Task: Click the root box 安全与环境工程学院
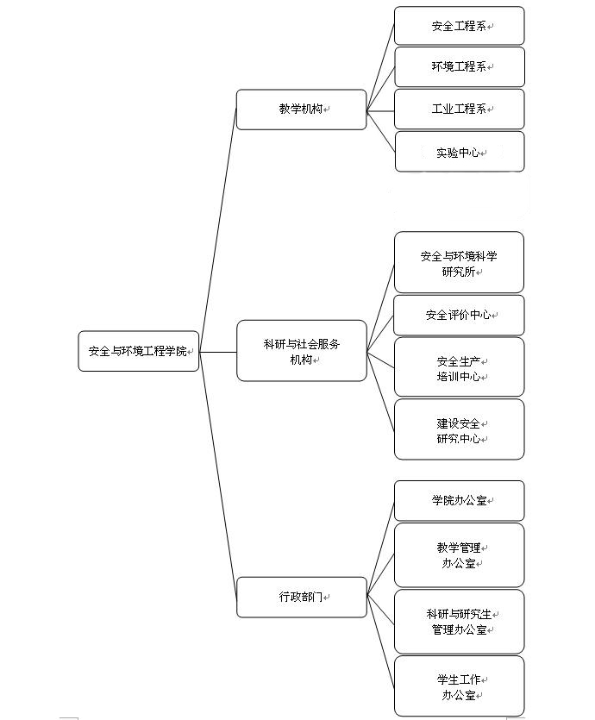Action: coord(138,351)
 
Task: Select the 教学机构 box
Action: coord(301,110)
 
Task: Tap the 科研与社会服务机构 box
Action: coord(301,351)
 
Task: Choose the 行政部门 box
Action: coord(301,597)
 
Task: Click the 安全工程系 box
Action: coord(459,26)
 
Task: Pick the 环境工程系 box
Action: coord(459,67)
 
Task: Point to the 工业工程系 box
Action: coord(459,109)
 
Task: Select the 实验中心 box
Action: coord(459,152)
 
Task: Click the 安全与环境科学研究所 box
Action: coord(459,263)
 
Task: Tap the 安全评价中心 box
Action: coord(459,315)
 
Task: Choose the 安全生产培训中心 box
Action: coord(459,367)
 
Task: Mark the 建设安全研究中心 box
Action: coord(459,429)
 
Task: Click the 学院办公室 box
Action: coord(459,500)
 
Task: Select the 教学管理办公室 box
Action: coord(459,555)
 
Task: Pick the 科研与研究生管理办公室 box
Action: coord(459,621)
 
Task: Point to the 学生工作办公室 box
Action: coord(459,686)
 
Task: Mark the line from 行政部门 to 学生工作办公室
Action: coord(380,640)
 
